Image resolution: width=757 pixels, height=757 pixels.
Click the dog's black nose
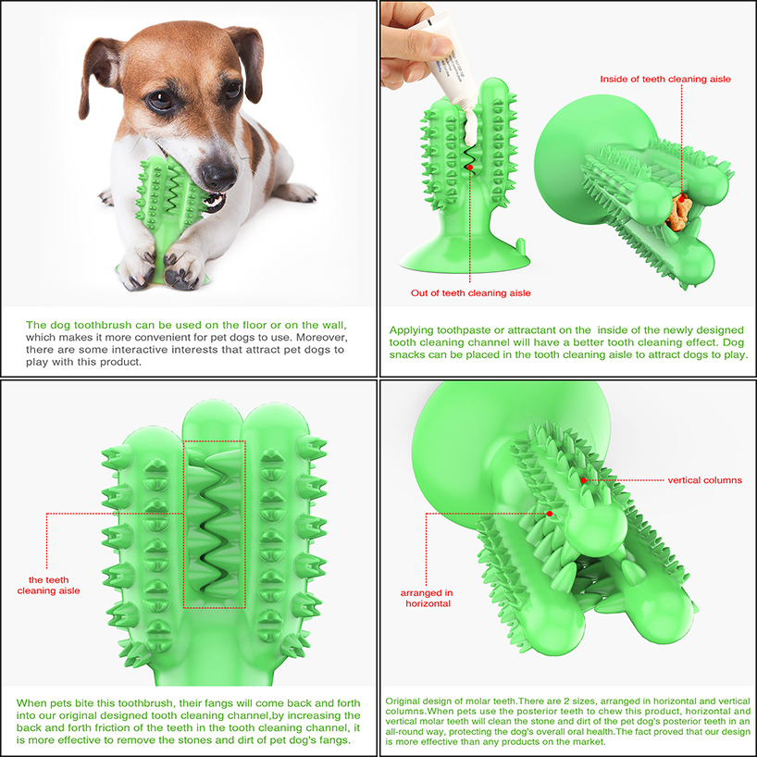click(218, 176)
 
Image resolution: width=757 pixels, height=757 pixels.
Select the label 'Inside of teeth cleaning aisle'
click(665, 80)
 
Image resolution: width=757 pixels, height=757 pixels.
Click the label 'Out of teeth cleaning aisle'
click(471, 293)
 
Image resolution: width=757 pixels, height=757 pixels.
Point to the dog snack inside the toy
click(678, 213)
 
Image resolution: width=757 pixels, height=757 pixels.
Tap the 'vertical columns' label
click(705, 480)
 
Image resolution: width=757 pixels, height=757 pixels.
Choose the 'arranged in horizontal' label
click(427, 598)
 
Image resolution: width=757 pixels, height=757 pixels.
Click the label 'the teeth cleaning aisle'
click(48, 585)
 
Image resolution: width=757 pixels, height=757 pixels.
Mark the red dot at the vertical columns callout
click(584, 480)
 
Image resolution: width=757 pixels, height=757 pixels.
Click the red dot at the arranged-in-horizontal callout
click(550, 514)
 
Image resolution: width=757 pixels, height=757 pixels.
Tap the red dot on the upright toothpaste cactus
click(470, 168)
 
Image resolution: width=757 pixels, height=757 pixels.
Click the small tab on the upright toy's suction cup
click(520, 245)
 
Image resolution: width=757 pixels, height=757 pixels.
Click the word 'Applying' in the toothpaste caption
click(408, 330)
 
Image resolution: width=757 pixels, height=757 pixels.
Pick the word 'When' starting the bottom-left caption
click(30, 703)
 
